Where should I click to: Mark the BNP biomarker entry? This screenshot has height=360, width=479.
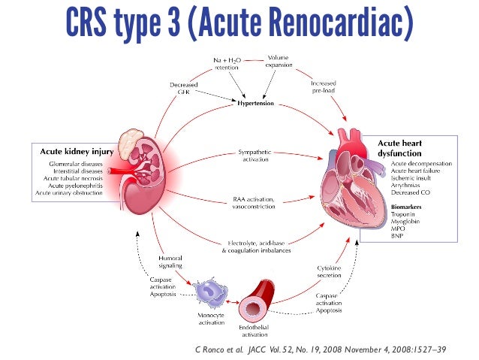[375, 235]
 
